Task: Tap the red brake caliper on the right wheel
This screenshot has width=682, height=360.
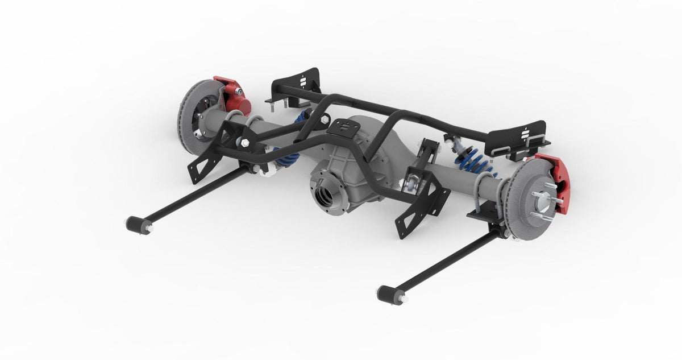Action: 556,181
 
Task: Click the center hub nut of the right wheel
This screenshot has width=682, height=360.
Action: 542,200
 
